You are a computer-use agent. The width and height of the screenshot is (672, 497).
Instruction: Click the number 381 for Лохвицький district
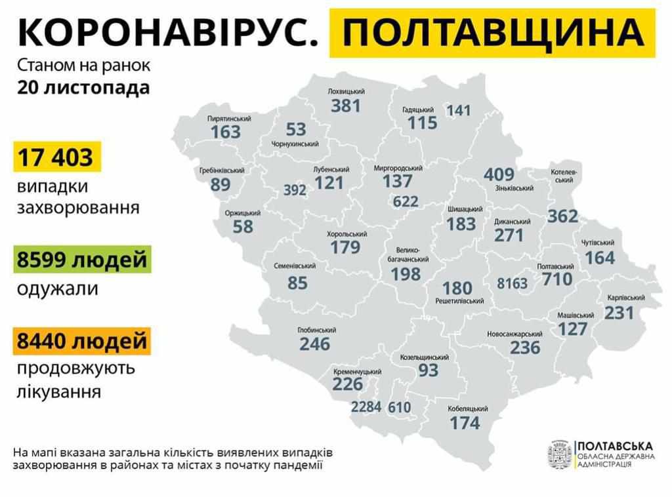tap(345, 106)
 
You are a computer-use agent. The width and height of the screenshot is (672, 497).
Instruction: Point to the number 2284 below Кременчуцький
tap(366, 407)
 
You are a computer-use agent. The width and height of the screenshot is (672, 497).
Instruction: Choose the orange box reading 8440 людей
tap(82, 342)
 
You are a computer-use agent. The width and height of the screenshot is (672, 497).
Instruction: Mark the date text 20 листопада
tap(79, 89)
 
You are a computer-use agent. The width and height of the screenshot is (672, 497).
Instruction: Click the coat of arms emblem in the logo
tap(558, 454)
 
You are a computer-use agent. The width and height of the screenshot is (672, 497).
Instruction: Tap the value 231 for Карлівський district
tap(620, 313)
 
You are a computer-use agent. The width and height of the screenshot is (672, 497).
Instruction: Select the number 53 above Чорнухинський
tap(296, 129)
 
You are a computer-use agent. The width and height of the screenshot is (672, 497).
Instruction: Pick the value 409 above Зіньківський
tap(499, 175)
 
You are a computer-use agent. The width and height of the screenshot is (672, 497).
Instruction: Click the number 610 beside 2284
tap(399, 407)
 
